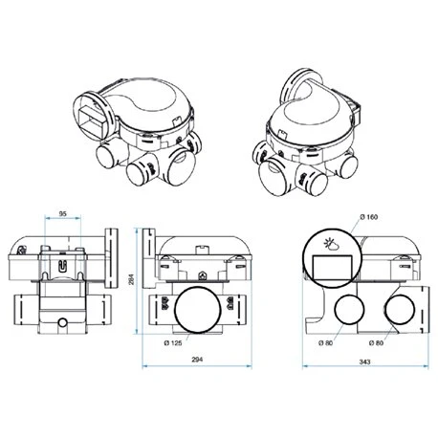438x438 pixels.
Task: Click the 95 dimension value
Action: point(62,213)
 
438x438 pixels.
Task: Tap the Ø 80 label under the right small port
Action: point(376,341)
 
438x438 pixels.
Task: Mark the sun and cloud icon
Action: point(334,244)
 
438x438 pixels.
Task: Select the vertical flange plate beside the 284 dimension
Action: point(149,257)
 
